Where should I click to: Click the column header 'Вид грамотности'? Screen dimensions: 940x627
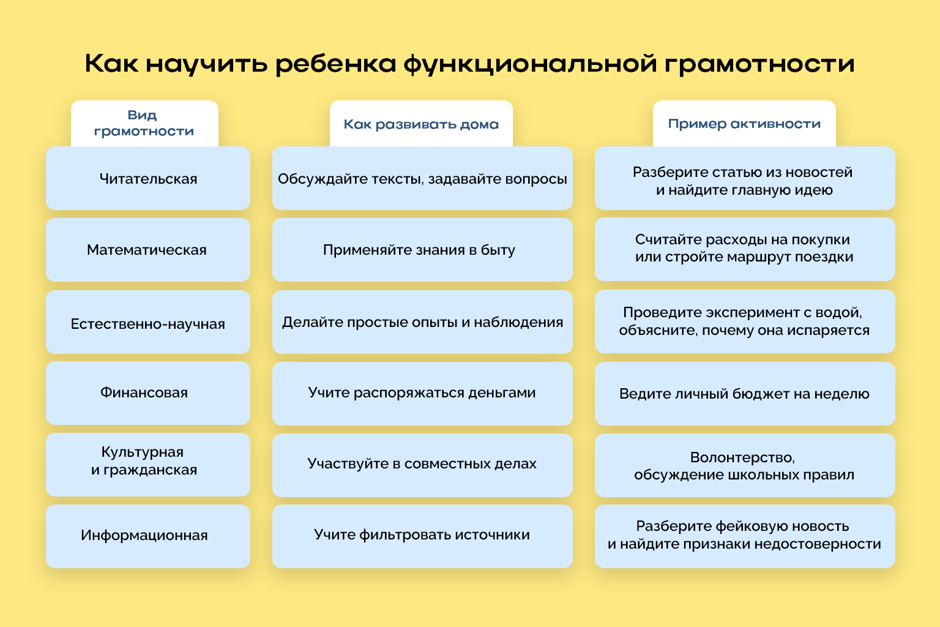click(144, 123)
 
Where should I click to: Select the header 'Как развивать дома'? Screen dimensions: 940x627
click(421, 124)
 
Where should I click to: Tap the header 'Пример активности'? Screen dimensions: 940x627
click(744, 124)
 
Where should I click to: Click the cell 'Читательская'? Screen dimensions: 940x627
click(148, 179)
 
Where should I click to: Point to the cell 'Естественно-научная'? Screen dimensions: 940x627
click(148, 323)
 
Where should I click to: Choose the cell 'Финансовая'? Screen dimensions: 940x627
click(144, 392)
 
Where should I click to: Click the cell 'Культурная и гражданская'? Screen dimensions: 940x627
click(144, 461)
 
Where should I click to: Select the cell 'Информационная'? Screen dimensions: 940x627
click(144, 535)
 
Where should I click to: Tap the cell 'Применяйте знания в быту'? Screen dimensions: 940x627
click(419, 250)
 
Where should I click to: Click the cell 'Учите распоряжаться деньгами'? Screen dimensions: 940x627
click(422, 392)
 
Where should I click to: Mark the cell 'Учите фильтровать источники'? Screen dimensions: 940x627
click(422, 535)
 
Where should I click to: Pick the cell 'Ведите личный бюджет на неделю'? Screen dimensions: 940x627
click(744, 394)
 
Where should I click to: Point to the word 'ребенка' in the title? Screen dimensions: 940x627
click(336, 64)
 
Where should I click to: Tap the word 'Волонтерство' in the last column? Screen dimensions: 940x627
click(742, 457)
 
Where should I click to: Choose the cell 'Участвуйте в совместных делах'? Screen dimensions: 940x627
click(422, 464)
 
